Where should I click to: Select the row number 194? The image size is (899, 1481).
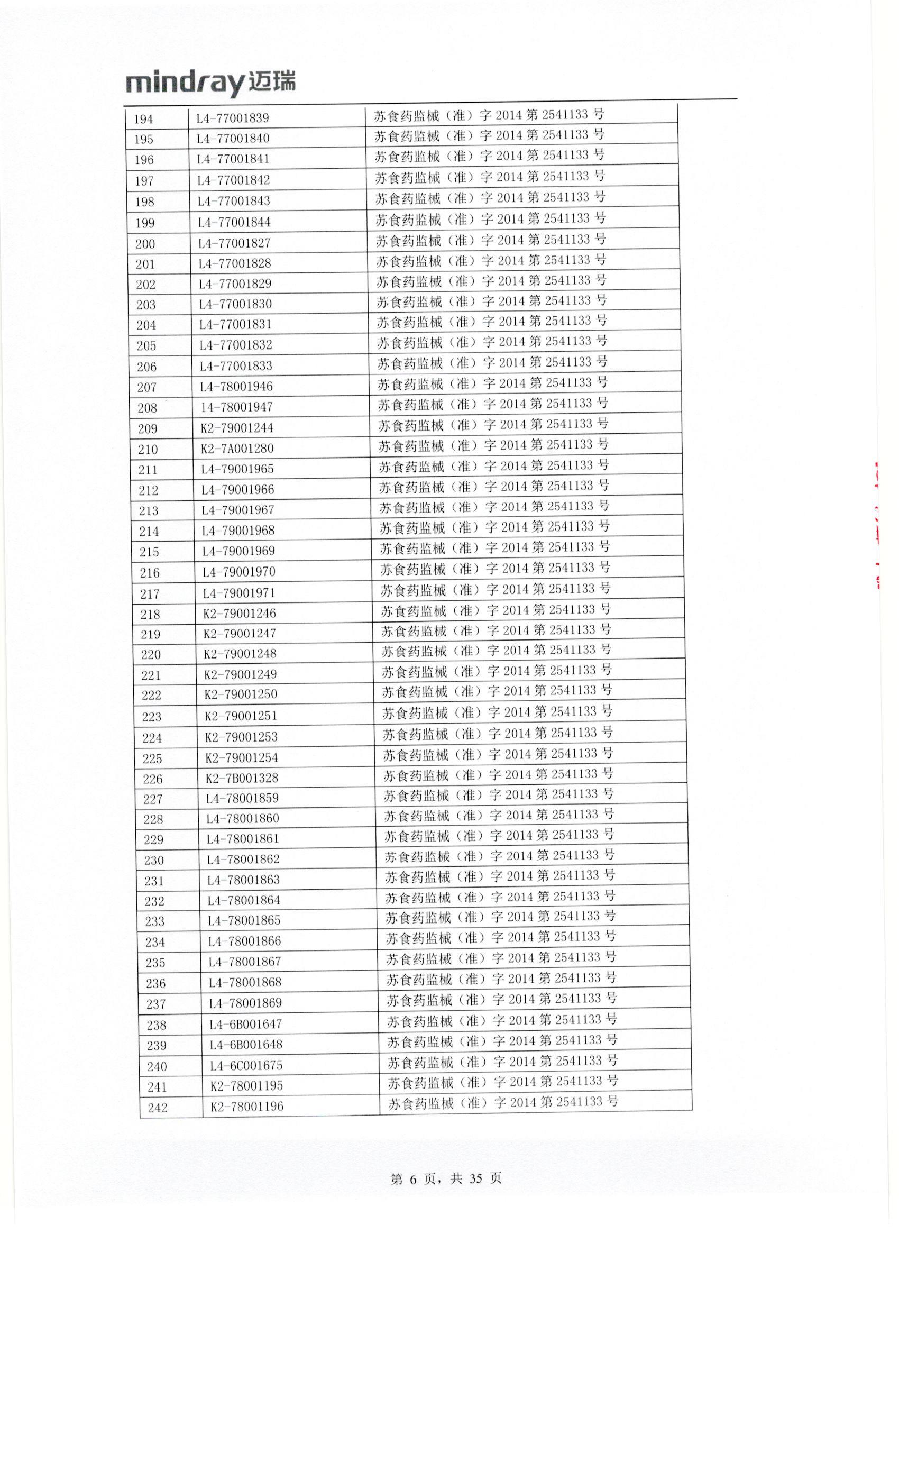(144, 119)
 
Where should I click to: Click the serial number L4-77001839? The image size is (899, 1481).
(233, 118)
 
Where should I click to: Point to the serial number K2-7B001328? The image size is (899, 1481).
(242, 778)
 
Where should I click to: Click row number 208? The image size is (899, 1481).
(147, 407)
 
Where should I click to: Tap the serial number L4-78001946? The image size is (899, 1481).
(236, 387)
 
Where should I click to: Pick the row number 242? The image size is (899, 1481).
(158, 1107)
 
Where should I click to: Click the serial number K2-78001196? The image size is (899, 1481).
(246, 1106)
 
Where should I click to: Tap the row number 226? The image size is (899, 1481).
(153, 779)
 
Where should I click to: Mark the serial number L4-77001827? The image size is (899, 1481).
(234, 243)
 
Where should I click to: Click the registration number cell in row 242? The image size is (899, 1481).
(503, 1102)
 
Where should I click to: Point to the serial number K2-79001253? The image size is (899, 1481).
(241, 737)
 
